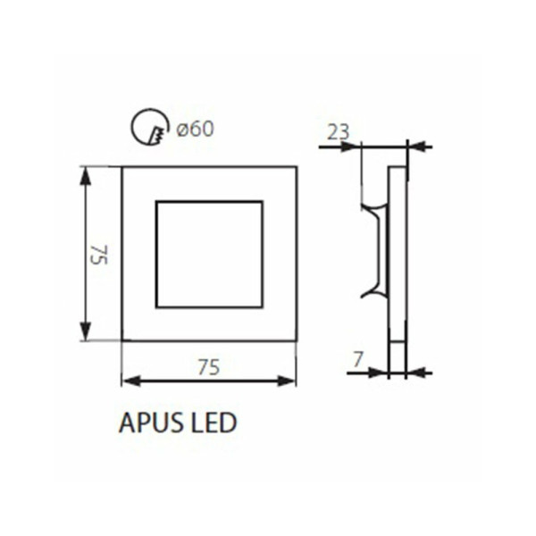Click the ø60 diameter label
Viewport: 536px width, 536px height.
[x=195, y=130]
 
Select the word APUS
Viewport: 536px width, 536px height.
[x=148, y=423]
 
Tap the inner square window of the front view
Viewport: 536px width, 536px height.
[x=209, y=255]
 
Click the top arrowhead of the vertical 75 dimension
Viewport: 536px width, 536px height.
[x=86, y=174]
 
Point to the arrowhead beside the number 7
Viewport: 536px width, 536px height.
[x=381, y=373]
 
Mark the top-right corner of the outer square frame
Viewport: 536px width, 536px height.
[x=296, y=166]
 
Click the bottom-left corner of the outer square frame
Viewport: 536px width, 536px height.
[x=121, y=340]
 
